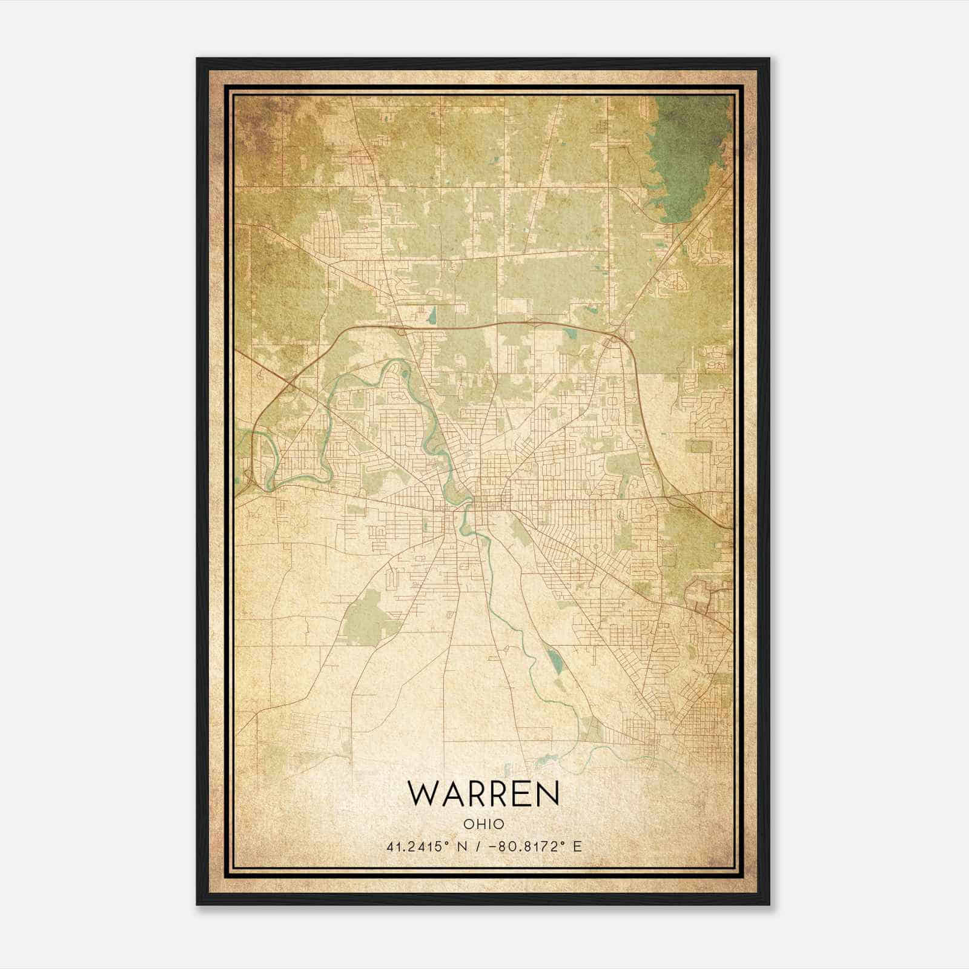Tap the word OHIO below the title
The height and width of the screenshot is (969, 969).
(483, 824)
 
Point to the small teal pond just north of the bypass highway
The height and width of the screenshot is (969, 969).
(432, 315)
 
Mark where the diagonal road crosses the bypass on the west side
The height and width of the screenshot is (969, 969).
(289, 382)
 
